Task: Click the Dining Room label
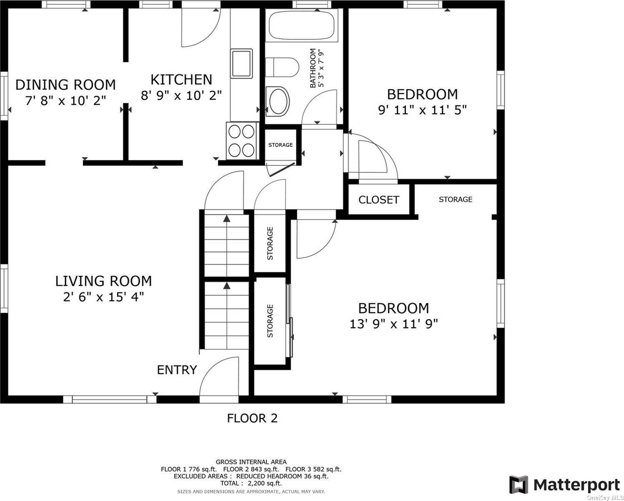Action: [66, 85]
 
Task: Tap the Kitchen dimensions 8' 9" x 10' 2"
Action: [181, 95]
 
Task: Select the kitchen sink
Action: [241, 63]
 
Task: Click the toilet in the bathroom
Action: [282, 67]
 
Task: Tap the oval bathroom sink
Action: [278, 101]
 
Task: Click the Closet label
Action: [379, 200]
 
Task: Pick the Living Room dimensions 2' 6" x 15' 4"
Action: [104, 297]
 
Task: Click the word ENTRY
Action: [177, 370]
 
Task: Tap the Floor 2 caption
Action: [252, 418]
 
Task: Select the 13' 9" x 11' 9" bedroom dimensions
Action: [394, 324]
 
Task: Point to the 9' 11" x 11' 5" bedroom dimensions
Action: [422, 110]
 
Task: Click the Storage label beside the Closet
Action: [455, 199]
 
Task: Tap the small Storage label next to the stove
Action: [280, 145]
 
